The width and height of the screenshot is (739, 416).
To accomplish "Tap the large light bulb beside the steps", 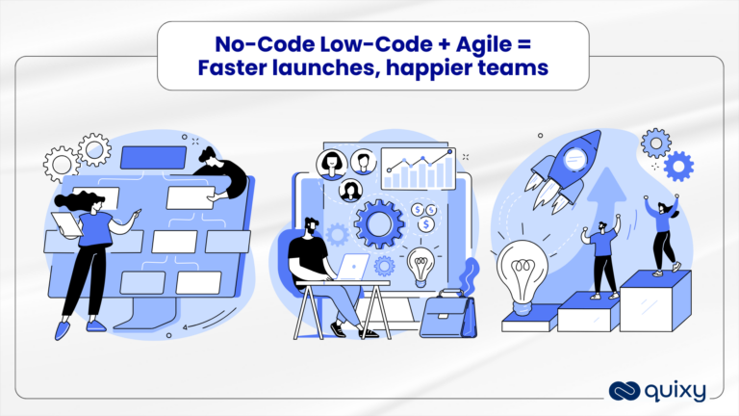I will coord(521,271).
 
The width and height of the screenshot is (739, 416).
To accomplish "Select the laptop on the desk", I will coord(350,269).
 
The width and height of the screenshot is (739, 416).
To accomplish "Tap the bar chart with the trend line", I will coord(416,170).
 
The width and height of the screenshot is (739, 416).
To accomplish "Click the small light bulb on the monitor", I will coord(420,264).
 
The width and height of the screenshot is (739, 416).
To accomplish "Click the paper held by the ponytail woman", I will coord(64,224).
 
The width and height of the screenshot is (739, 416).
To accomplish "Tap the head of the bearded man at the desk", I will coord(311,228).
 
